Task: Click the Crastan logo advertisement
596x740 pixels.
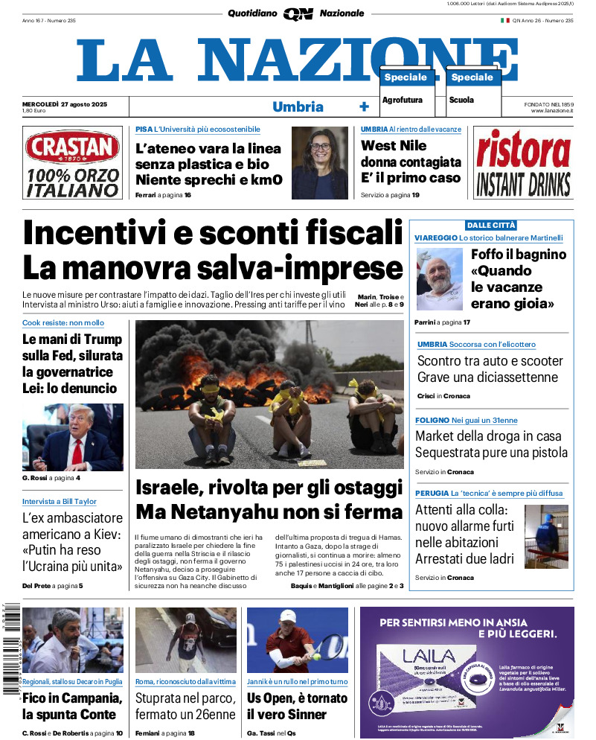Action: [71, 162]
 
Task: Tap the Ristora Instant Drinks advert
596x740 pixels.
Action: [523, 162]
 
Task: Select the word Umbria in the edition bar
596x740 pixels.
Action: [298, 106]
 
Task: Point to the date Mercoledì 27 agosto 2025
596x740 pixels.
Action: [65, 103]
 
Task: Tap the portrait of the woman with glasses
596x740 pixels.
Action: [319, 162]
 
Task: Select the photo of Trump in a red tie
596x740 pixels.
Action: [72, 438]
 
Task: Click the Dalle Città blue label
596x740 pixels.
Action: [491, 225]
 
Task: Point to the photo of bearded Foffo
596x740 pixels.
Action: [439, 279]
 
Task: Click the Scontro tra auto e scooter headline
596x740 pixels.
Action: [490, 369]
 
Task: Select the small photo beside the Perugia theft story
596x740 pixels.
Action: [546, 536]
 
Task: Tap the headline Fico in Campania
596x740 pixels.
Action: [71, 706]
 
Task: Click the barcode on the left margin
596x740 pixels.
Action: [9, 648]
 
